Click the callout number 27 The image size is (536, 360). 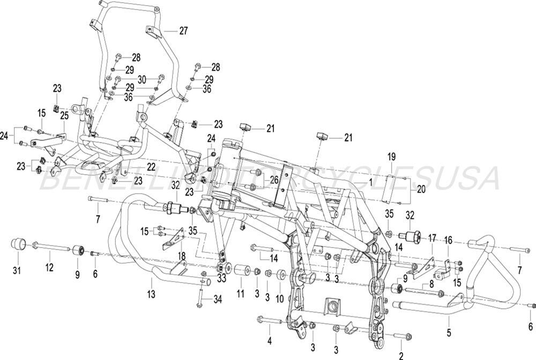coord(183,31)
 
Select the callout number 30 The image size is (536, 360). coord(142,79)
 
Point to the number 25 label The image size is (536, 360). coord(64,116)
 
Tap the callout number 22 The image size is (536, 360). coord(151,167)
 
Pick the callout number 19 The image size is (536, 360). coord(391,157)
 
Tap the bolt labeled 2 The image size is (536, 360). coord(401,336)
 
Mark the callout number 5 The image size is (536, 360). coord(449,332)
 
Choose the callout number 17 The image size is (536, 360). coord(432,236)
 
